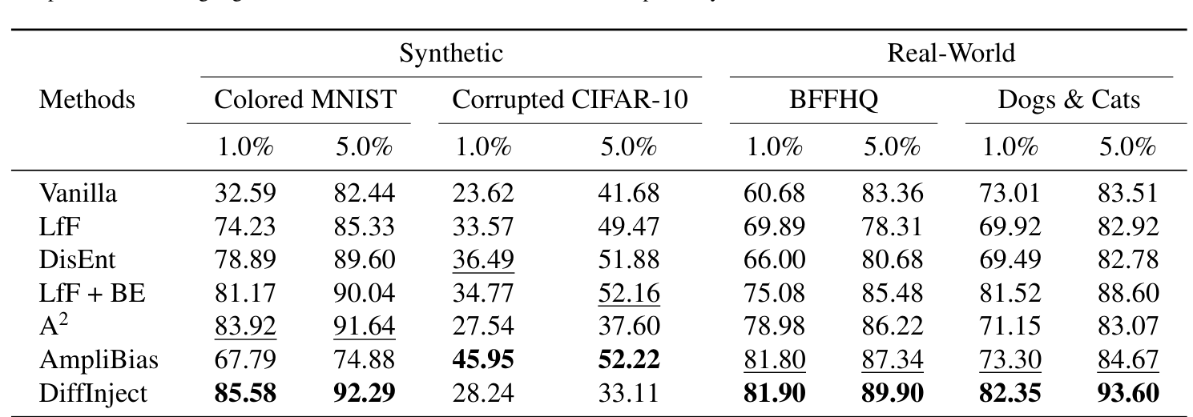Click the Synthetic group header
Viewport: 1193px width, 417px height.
(x=451, y=54)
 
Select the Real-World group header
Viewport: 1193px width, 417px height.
(x=951, y=54)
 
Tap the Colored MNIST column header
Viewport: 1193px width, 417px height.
(x=305, y=100)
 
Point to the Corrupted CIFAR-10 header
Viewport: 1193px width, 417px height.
(x=570, y=100)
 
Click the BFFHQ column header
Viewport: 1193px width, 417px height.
(x=834, y=100)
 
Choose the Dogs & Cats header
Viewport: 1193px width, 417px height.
(x=1068, y=100)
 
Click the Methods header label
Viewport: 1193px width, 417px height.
(x=87, y=100)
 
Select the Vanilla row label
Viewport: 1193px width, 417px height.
(x=79, y=193)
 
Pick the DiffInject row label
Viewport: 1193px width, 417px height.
(x=94, y=393)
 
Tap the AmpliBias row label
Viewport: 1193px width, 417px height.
(x=99, y=360)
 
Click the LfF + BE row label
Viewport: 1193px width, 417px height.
(x=92, y=293)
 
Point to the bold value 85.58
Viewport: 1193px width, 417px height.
(x=245, y=393)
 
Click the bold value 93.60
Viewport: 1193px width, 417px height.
(x=1128, y=393)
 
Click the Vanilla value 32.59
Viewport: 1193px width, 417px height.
(x=245, y=193)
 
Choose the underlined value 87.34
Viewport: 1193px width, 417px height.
(x=893, y=360)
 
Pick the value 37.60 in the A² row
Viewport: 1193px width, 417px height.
(x=628, y=327)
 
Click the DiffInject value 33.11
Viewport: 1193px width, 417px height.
(x=628, y=393)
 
